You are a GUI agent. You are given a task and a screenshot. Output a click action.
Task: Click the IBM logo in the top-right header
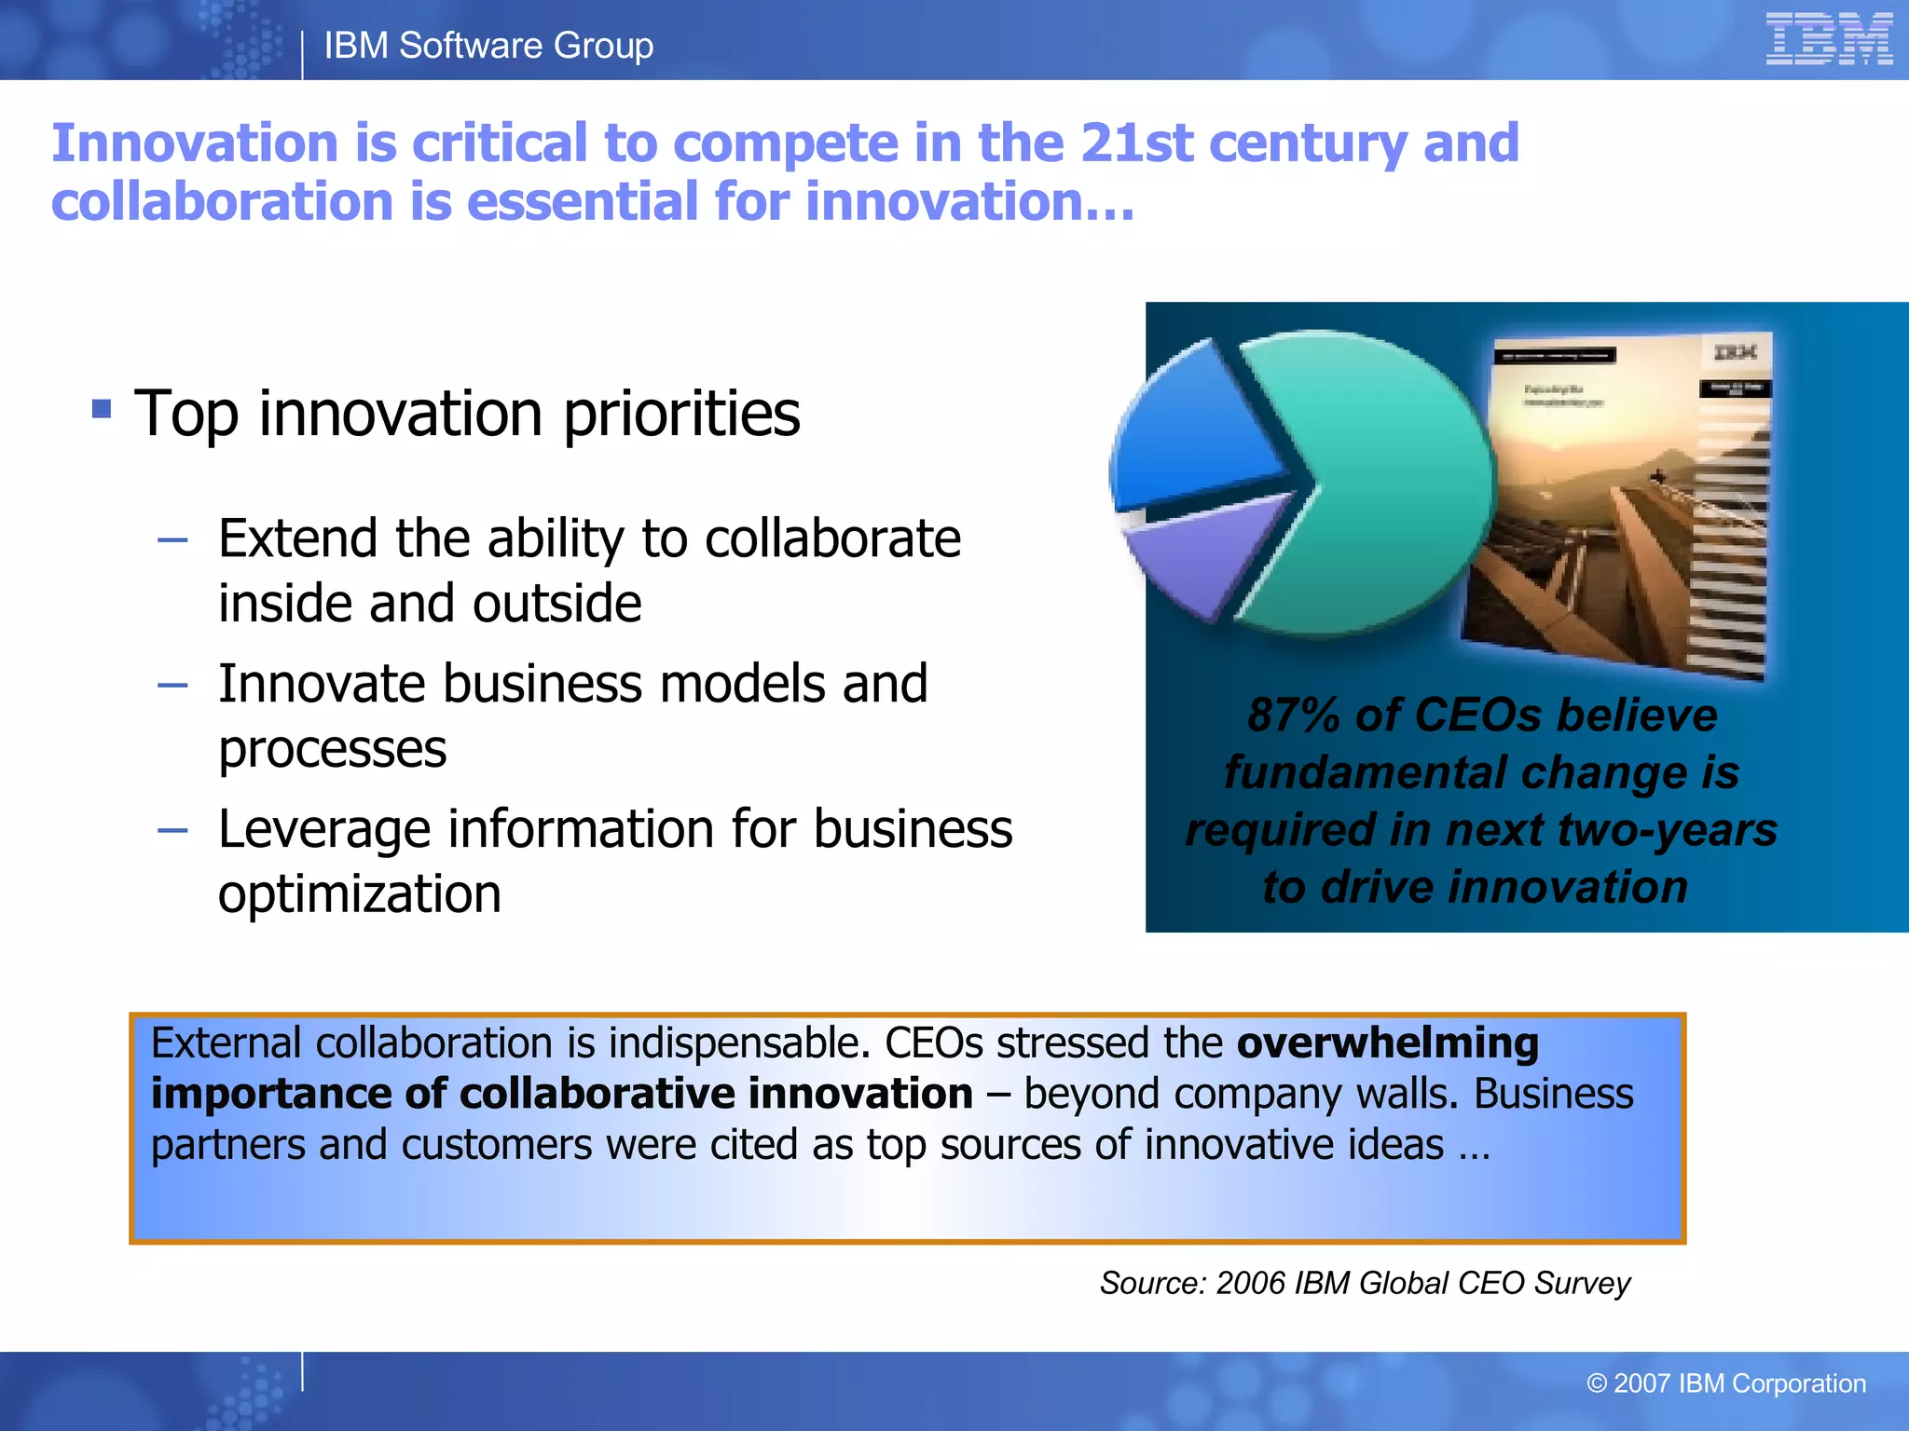[1828, 39]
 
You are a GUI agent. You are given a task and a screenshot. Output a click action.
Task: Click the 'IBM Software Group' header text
[488, 46]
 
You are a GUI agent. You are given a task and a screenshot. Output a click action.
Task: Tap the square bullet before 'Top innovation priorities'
[102, 408]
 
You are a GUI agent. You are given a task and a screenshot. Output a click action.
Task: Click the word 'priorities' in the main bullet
[681, 414]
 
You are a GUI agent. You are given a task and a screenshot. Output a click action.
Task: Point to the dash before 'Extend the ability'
[173, 539]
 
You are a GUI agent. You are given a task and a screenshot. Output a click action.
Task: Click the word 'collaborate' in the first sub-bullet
[832, 538]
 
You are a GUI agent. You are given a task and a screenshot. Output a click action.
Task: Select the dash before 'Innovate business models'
[173, 686]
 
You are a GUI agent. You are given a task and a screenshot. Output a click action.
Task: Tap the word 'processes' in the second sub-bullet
[333, 749]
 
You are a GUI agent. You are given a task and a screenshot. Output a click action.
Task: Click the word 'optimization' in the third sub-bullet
[360, 894]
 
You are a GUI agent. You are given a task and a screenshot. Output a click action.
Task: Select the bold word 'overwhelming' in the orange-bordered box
[1387, 1043]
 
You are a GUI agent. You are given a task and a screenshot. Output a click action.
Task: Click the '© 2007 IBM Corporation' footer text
[1725, 1383]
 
